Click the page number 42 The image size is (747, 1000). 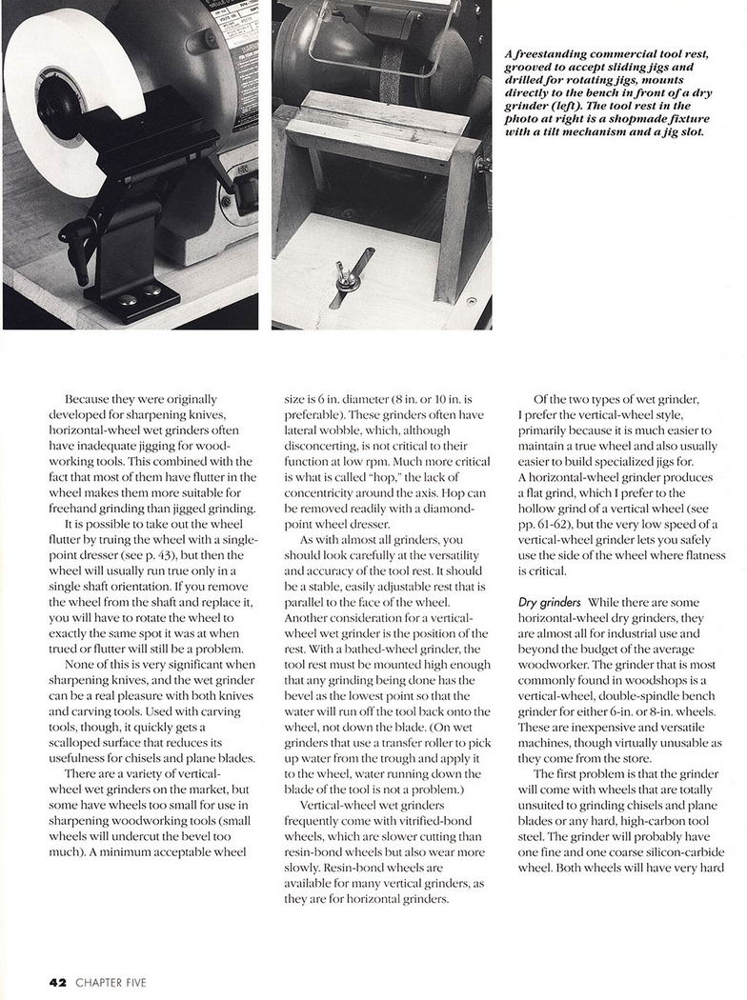pos(58,982)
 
